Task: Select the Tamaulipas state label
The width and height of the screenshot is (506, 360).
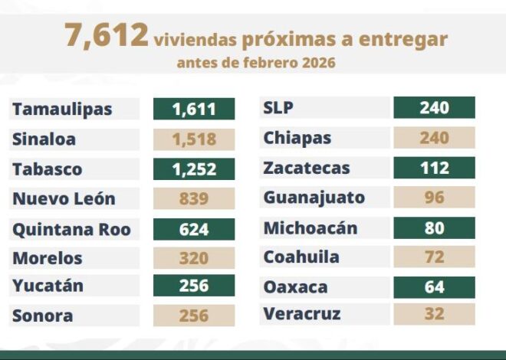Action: pos(62,109)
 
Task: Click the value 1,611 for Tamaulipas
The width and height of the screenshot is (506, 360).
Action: pos(194,109)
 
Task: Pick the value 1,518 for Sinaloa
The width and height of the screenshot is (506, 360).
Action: pos(194,139)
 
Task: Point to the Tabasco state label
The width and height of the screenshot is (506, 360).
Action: pos(47,169)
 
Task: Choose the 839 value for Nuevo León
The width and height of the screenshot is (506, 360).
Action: pos(194,199)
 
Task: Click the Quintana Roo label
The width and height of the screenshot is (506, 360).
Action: pos(71,229)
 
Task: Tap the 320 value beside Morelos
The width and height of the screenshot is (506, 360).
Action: pos(194,258)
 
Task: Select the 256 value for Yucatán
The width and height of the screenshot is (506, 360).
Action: pos(194,286)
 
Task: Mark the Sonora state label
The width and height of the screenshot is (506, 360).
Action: pos(43,316)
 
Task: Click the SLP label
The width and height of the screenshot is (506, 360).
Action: pos(278,108)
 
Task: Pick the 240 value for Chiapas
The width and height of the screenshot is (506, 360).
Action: pos(434,138)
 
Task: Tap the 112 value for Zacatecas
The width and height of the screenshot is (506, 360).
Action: pos(434,168)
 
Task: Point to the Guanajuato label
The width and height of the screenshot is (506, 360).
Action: pos(314,198)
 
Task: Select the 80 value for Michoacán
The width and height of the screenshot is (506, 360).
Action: pos(434,227)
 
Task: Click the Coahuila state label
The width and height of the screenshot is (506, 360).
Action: pos(301,257)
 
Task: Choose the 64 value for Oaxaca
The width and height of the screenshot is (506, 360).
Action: pos(434,286)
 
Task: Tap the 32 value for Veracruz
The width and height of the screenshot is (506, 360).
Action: pos(434,314)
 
